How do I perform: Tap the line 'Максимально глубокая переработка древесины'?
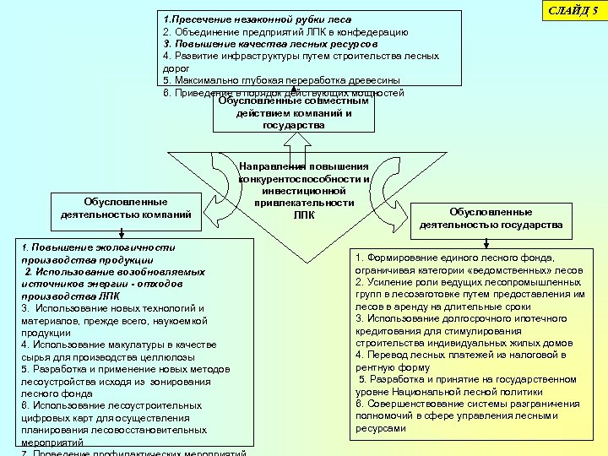tap(279, 80)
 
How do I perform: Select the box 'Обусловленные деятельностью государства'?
tap(491, 218)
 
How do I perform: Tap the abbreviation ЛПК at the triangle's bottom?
tap(303, 214)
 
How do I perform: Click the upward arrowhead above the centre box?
tap(292, 88)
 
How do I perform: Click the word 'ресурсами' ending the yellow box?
tap(381, 428)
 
